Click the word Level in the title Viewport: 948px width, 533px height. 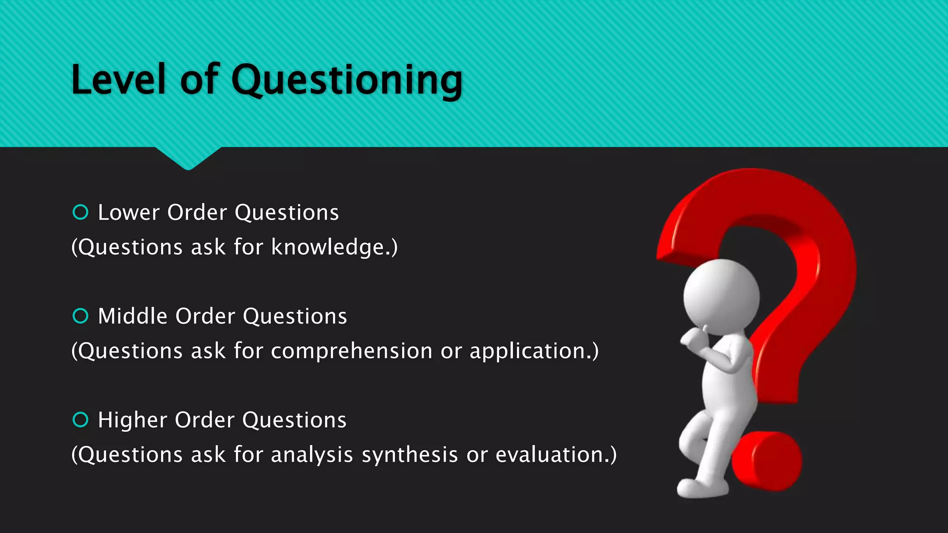pos(118,80)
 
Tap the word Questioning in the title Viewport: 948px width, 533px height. pos(346,81)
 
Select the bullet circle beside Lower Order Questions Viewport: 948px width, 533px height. pos(81,212)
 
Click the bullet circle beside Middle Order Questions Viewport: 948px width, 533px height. pos(81,316)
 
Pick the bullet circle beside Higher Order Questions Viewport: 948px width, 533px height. pos(81,420)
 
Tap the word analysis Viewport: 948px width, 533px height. pos(312,455)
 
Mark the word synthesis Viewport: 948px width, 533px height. pos(410,455)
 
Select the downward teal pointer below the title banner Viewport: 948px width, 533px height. pos(188,157)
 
